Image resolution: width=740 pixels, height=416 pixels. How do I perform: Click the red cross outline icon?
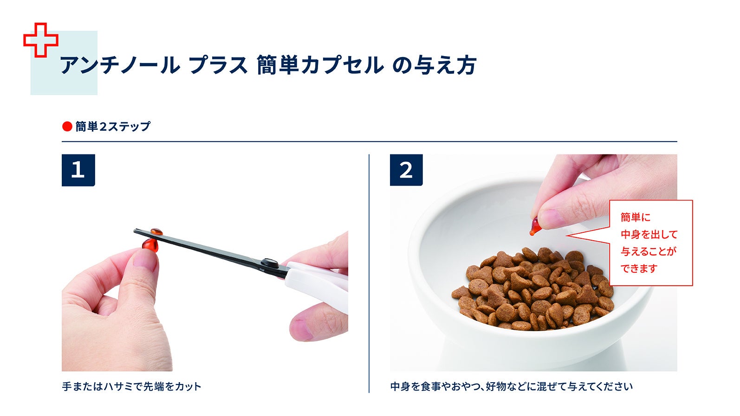click(41, 40)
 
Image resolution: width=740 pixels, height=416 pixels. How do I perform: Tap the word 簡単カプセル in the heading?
click(320, 65)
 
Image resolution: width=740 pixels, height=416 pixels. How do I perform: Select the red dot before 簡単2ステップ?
click(67, 126)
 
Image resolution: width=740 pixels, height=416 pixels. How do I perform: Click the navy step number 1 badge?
click(78, 170)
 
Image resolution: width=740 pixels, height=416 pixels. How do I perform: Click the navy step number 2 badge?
click(406, 170)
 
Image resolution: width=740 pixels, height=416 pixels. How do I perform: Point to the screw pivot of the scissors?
click(269, 262)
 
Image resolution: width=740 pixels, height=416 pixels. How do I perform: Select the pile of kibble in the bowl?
click(534, 290)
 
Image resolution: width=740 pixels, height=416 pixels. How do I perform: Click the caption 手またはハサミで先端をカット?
click(132, 386)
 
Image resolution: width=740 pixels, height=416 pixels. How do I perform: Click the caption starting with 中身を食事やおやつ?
click(511, 386)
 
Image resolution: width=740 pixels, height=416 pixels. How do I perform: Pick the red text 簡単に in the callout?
click(636, 217)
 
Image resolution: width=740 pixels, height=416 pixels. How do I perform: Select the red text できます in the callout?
click(639, 269)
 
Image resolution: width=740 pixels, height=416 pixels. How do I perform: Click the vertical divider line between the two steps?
click(369, 274)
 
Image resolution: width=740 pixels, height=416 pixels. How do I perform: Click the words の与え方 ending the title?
click(434, 65)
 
